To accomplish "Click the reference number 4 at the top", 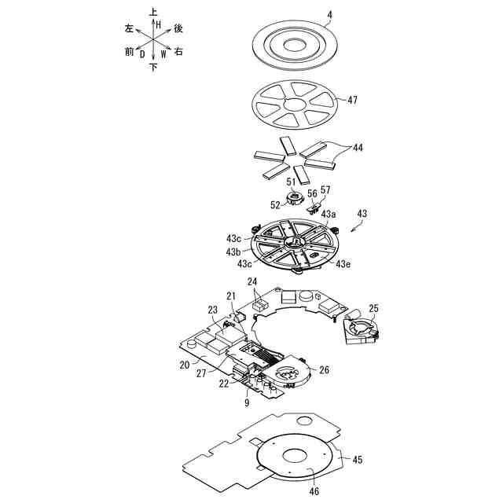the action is click(330, 13).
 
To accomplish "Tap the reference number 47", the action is click(352, 100).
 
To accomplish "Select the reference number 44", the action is click(358, 148).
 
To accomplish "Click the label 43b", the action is click(233, 252).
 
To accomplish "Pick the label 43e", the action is click(343, 265).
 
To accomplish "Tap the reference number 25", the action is click(373, 308).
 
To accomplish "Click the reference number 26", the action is click(324, 369).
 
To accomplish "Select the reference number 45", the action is click(358, 460).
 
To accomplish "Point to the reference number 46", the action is click(314, 492).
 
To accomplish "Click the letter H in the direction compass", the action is click(158, 25).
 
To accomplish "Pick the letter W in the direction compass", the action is click(163, 54).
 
